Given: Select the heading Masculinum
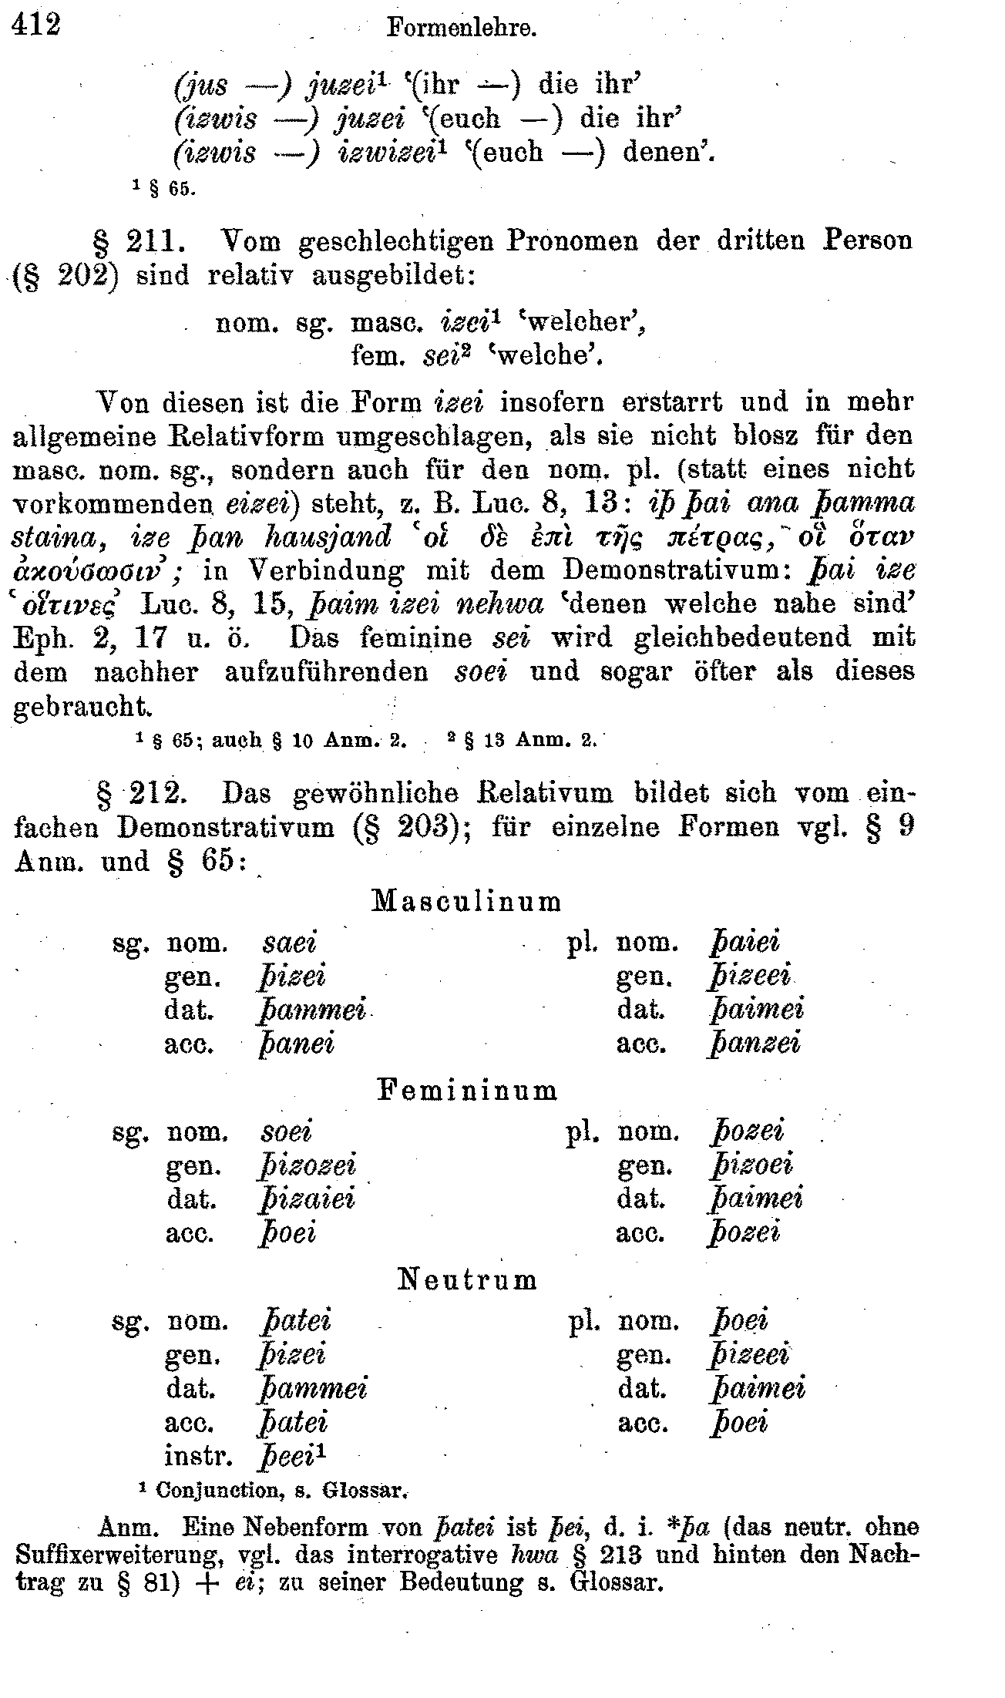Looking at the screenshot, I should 466,901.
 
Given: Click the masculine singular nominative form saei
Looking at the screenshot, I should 290,943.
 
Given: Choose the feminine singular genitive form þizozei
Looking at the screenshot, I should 307,1165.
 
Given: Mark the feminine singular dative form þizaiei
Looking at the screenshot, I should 305,1199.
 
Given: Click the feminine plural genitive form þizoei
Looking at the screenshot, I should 751,1165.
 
